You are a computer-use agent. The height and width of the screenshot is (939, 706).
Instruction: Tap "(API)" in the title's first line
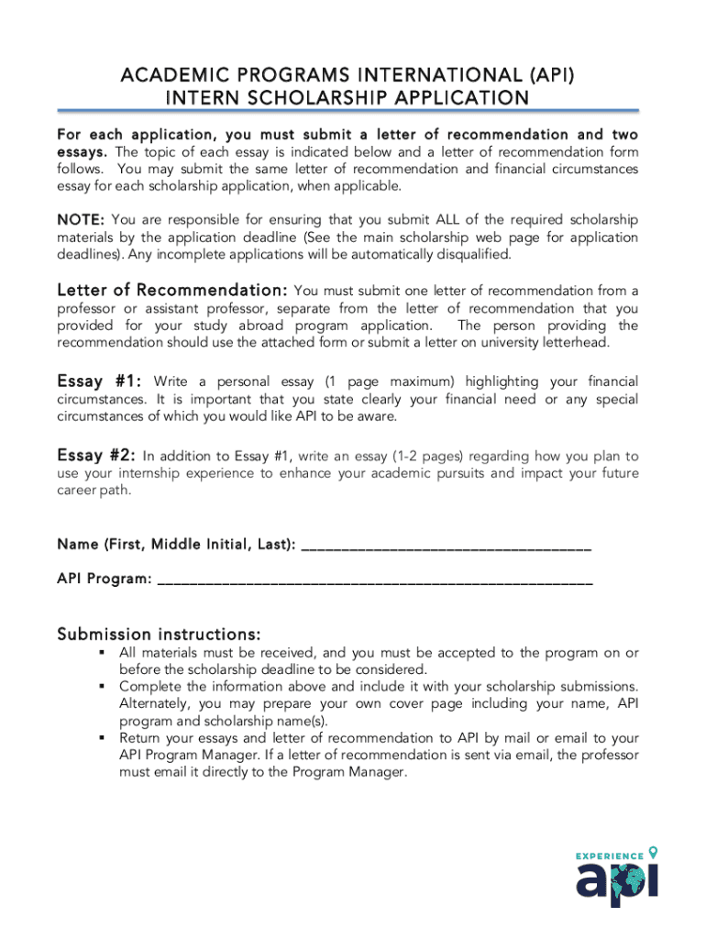(x=547, y=74)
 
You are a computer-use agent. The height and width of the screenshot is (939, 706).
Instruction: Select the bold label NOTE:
(x=81, y=220)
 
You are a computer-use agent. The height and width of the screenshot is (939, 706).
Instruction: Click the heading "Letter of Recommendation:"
(x=173, y=290)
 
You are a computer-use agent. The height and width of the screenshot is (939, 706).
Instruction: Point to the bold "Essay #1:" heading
(x=99, y=381)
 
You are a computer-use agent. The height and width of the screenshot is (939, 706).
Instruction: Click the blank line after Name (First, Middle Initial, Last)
(x=446, y=547)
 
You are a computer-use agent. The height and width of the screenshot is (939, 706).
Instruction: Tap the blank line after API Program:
(x=375, y=580)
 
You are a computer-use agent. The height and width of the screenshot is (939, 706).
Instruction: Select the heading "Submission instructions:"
(x=159, y=635)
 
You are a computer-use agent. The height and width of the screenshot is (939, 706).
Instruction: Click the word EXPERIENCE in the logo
(x=609, y=856)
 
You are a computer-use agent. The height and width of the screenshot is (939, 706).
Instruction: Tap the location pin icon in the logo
(x=653, y=852)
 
